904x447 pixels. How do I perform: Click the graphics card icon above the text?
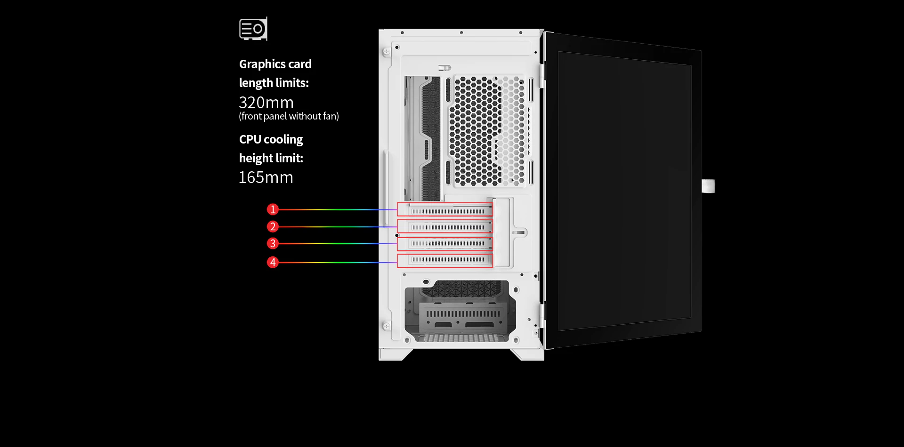click(x=253, y=29)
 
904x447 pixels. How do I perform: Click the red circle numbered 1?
click(x=273, y=209)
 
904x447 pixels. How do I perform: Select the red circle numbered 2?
click(x=273, y=226)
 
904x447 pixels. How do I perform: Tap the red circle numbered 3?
click(x=273, y=243)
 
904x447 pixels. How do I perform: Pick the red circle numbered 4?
click(x=273, y=262)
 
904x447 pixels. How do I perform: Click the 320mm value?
click(x=266, y=103)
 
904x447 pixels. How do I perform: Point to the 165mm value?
click(x=266, y=177)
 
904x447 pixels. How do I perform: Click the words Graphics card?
click(x=275, y=64)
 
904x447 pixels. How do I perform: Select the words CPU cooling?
click(x=271, y=140)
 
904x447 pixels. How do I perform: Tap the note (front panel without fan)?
click(x=289, y=116)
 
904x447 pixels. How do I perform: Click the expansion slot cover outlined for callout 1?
click(x=445, y=210)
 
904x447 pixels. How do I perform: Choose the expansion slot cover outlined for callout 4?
click(x=445, y=261)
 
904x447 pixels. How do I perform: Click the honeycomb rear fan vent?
click(x=487, y=130)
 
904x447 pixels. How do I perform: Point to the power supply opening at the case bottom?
click(x=460, y=311)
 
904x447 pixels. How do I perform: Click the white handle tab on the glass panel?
click(x=708, y=186)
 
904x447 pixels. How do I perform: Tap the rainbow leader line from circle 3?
click(x=338, y=244)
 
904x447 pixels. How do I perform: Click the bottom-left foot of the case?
click(x=395, y=355)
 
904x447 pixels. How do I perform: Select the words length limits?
click(x=274, y=83)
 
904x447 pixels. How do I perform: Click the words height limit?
click(x=271, y=158)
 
